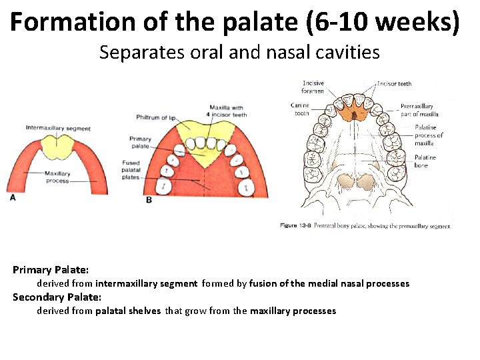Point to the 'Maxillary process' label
(x=57, y=177)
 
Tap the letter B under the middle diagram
(x=148, y=199)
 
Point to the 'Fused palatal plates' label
(x=131, y=169)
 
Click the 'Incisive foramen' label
(x=313, y=87)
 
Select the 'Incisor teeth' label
(x=394, y=84)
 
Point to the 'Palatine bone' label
(x=425, y=161)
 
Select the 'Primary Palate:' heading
(x=51, y=270)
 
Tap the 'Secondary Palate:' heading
(x=57, y=297)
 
